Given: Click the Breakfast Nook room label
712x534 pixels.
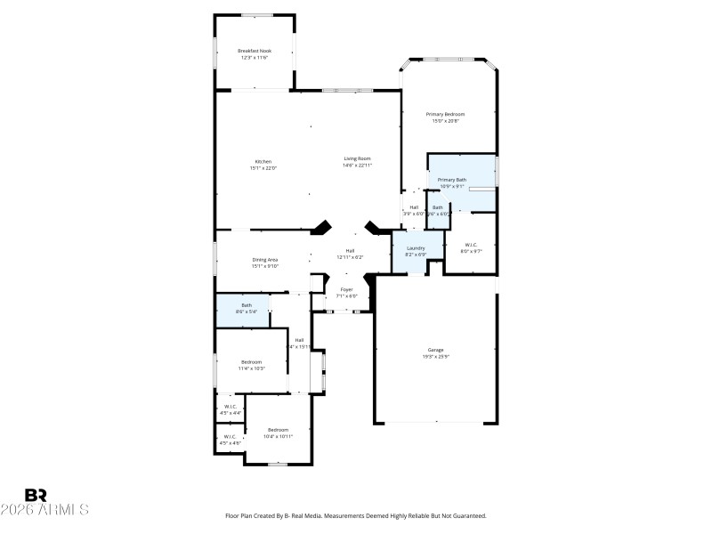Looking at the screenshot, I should (255, 51).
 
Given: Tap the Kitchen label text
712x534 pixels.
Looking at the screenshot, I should (263, 161).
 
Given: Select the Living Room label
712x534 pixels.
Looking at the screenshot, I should (357, 158).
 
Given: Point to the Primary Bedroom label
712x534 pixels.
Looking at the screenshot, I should (445, 114).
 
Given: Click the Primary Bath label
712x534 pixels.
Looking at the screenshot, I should (451, 180).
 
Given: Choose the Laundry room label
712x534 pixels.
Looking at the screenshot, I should (416, 247).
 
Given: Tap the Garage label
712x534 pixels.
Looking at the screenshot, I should (435, 350).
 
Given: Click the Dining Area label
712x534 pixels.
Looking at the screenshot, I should (264, 259).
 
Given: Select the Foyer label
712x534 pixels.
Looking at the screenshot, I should (347, 289).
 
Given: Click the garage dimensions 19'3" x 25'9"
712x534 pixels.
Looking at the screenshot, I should (435, 356).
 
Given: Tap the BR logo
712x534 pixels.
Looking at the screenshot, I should (36, 495).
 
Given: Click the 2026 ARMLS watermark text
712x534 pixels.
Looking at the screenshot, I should (44, 510).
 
